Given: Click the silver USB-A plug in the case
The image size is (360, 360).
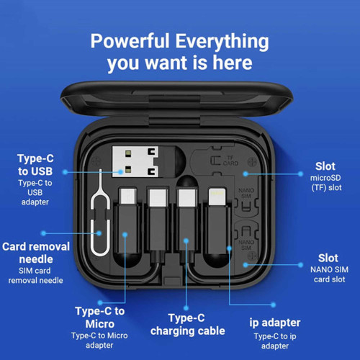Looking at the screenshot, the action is pos(135,161).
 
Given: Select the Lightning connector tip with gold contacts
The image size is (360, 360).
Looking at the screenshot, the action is pos(217,197).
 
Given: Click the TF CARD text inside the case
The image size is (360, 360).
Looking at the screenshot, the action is pos(230,161).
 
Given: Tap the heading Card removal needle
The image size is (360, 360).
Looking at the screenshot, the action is pos(36,253).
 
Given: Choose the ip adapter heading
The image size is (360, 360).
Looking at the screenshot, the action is pos(275,323).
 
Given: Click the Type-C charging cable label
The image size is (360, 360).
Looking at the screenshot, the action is pos(187,325).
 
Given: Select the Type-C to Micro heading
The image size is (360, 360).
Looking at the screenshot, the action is pos(100,318).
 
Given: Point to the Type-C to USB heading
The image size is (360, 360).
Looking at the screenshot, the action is pos(35,165).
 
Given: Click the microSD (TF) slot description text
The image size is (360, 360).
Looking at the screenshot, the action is pos(325,183).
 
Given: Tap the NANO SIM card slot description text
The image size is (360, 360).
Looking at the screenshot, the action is pos(329,274).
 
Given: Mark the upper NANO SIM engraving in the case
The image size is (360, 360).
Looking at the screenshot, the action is pos(246,193).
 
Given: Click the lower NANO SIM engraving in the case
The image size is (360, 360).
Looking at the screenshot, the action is pos(246,245).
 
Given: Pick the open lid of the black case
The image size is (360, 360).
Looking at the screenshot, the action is pos(176,99).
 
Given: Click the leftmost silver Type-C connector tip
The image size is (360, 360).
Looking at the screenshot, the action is pos(128,196).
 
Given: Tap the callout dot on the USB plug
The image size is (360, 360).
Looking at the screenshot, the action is pos(120,172).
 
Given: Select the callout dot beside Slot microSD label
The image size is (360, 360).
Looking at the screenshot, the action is pos(300,174).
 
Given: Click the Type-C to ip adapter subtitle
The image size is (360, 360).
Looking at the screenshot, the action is pos(275,341).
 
